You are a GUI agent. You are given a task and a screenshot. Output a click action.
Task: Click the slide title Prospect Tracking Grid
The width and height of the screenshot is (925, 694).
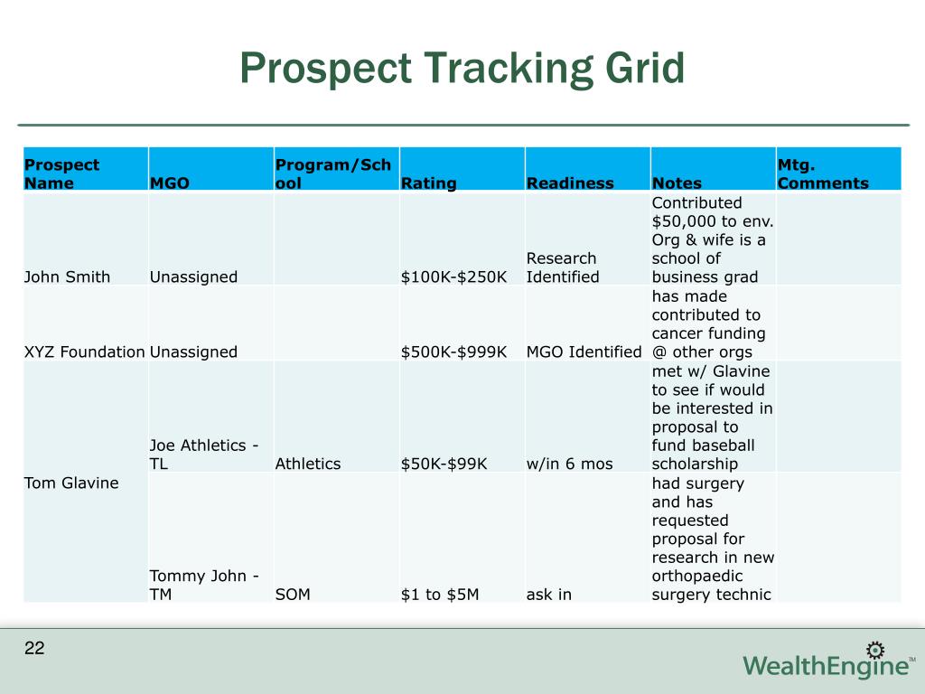[x=462, y=69]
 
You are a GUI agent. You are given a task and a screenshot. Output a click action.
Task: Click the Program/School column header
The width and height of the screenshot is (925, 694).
[x=332, y=174]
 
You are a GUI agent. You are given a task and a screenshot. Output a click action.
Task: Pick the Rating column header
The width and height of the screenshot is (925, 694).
[x=428, y=183]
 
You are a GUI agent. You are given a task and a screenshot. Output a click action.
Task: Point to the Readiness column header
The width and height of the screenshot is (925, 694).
[x=569, y=183]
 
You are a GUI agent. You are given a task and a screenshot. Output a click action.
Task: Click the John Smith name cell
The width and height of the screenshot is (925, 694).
[x=67, y=277]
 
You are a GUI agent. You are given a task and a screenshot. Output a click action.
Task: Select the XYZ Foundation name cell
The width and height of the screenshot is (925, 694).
[x=85, y=352]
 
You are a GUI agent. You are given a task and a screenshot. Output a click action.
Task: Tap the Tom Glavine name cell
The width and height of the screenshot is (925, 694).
[x=71, y=483]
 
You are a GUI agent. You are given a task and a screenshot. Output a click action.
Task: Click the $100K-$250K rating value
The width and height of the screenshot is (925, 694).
[x=453, y=277]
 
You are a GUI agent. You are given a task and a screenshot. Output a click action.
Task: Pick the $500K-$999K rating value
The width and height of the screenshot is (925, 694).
[x=453, y=352]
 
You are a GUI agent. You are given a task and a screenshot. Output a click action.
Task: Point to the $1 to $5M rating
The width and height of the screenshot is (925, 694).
[x=440, y=594]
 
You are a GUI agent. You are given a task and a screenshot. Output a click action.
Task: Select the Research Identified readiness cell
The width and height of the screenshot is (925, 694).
[x=562, y=267]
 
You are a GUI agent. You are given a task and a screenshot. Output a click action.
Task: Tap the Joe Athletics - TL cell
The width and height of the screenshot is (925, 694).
[x=204, y=455]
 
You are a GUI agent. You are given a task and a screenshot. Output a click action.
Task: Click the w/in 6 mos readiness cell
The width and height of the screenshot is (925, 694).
[x=568, y=464]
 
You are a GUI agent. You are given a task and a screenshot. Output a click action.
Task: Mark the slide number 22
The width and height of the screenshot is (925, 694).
[x=34, y=648]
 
